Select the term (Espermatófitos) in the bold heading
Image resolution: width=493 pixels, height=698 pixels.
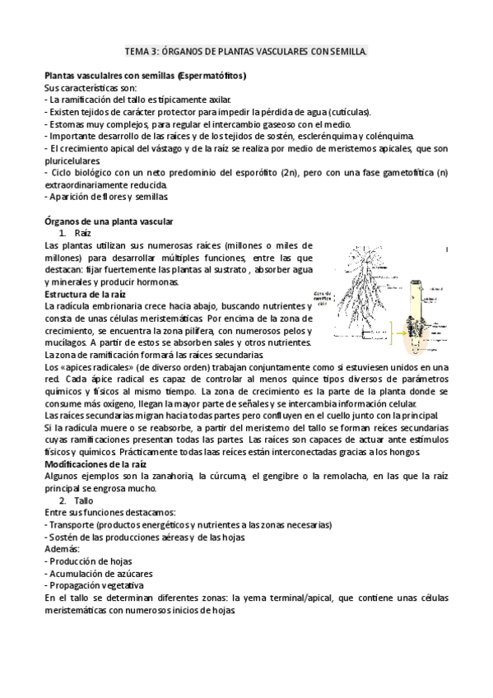(x=212, y=77)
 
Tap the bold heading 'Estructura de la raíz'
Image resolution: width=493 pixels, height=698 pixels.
(x=85, y=294)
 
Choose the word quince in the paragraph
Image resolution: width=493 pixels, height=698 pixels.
(x=255, y=379)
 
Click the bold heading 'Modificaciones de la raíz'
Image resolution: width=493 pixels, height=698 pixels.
(x=96, y=464)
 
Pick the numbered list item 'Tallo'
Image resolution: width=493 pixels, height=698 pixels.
(x=84, y=500)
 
